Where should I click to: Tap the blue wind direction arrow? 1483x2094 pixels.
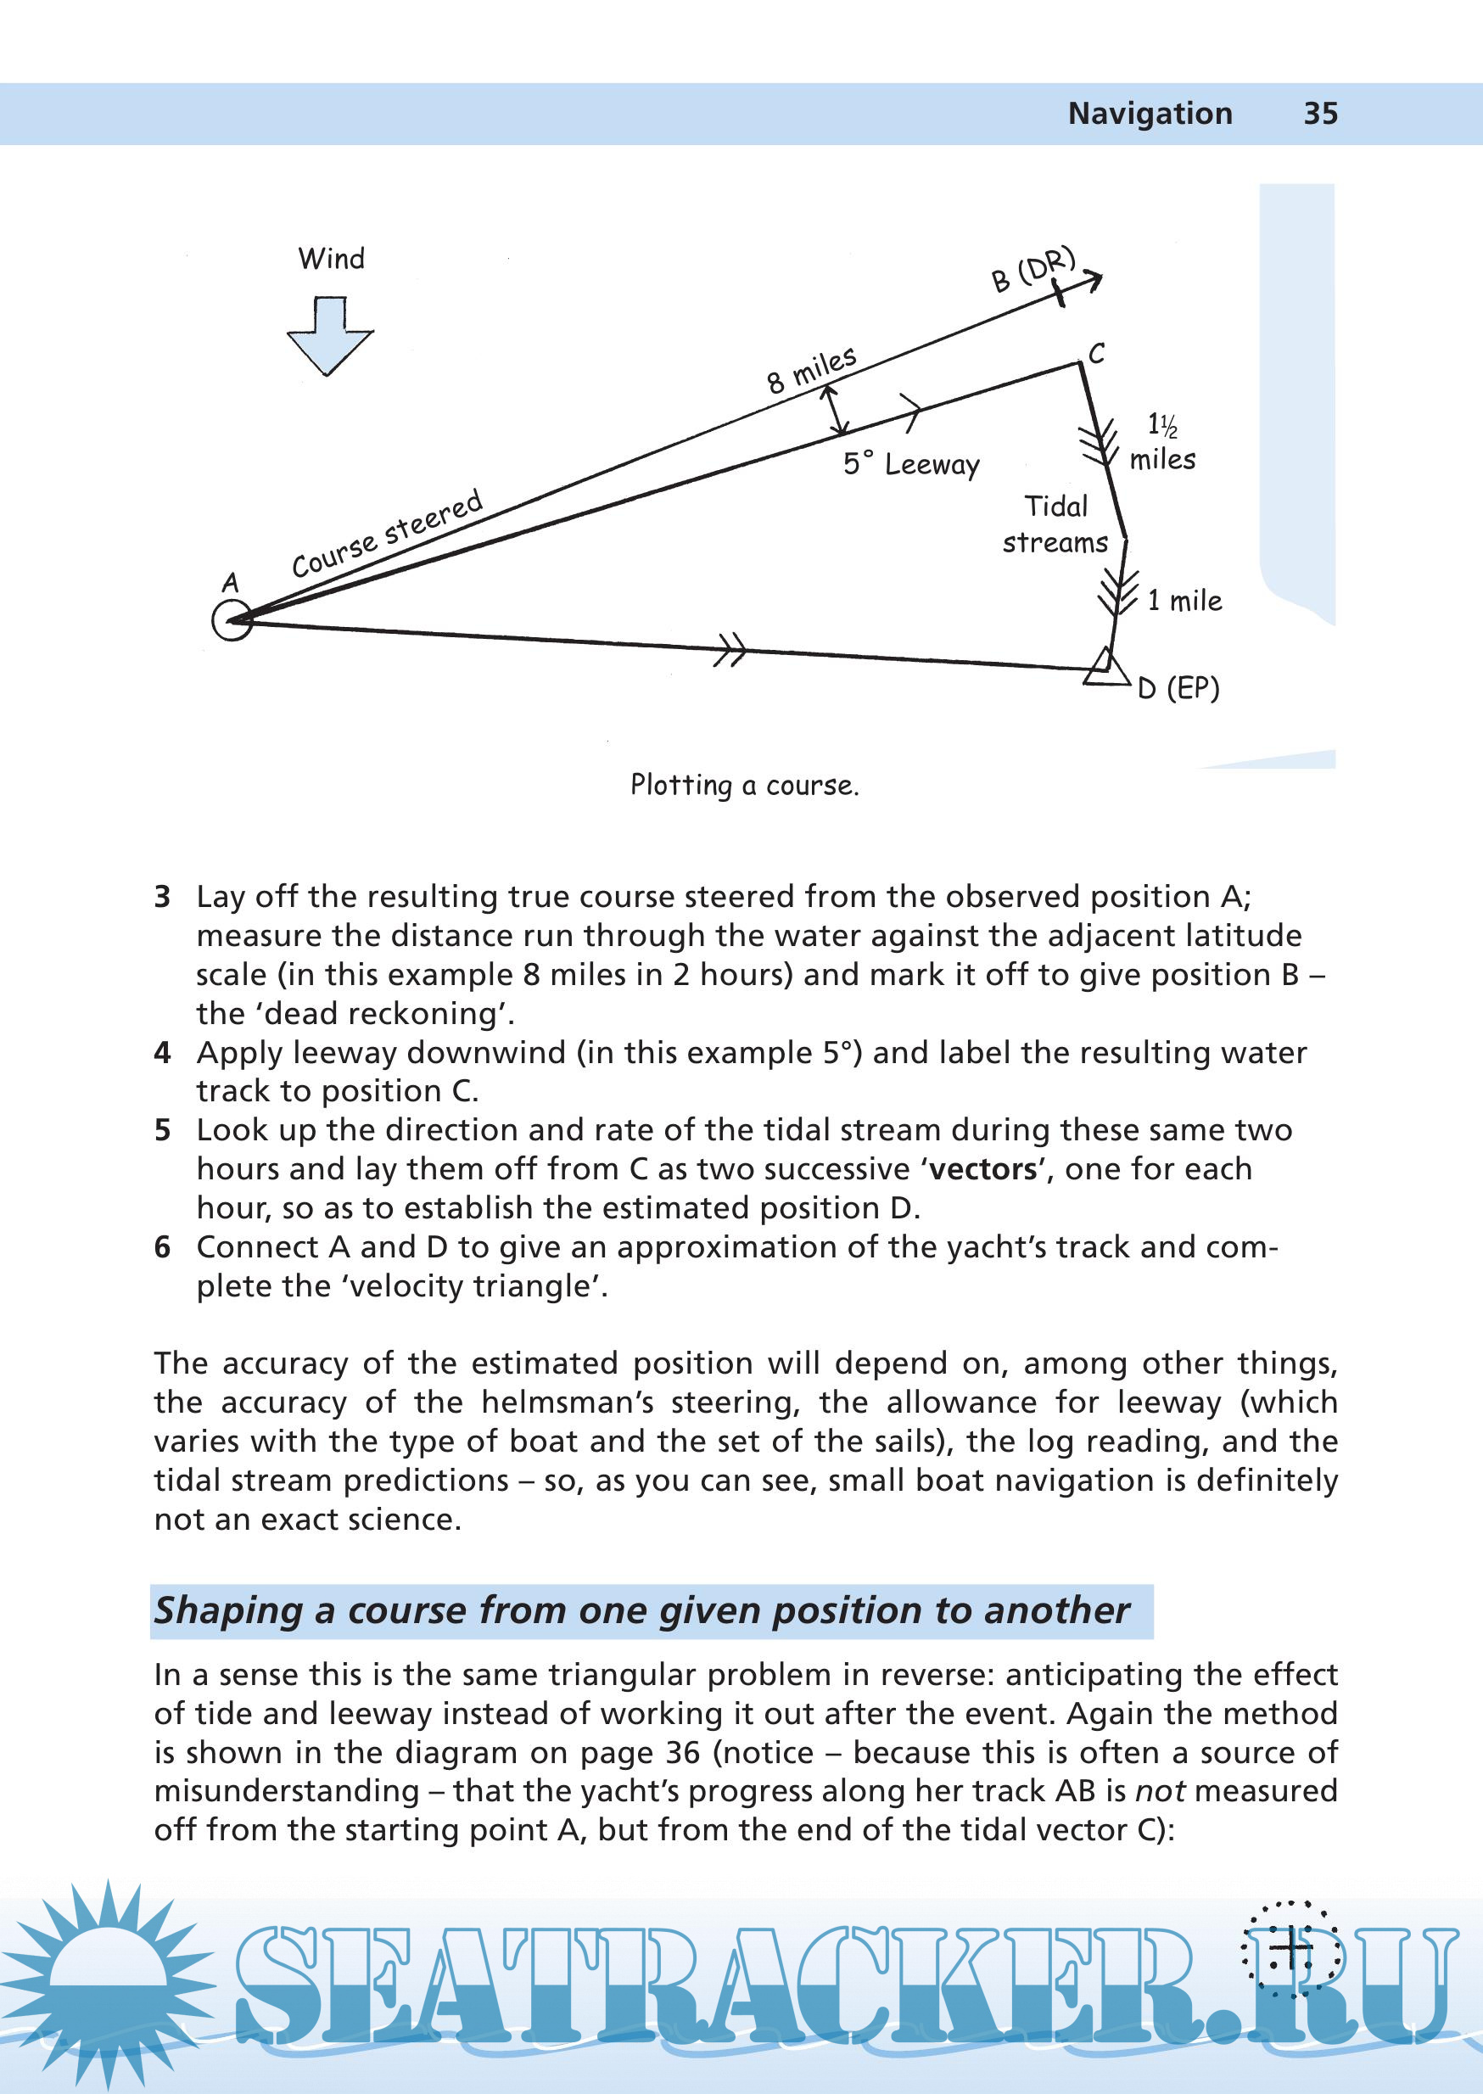[x=330, y=336]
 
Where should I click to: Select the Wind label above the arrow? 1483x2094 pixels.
[x=331, y=259]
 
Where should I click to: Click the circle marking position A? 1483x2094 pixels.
[x=232, y=621]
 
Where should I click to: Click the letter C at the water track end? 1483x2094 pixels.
[x=1097, y=354]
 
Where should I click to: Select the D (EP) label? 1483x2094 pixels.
[x=1178, y=689]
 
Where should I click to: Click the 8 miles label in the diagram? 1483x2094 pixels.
[x=811, y=369]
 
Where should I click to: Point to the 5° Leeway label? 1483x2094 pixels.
[x=910, y=464]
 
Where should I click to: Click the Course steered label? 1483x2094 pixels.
[x=386, y=534]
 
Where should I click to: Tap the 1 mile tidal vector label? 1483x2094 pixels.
[x=1184, y=601]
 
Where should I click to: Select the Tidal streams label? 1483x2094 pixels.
[x=1055, y=524]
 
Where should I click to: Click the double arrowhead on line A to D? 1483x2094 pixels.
[x=730, y=650]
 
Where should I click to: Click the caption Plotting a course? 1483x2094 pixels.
[x=744, y=786]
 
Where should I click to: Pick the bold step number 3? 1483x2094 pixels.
[x=162, y=897]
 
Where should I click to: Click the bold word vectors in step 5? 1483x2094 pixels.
[x=982, y=1169]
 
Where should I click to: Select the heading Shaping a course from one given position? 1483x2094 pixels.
[x=641, y=1610]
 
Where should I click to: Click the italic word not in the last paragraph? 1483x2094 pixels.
[x=1160, y=1791]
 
